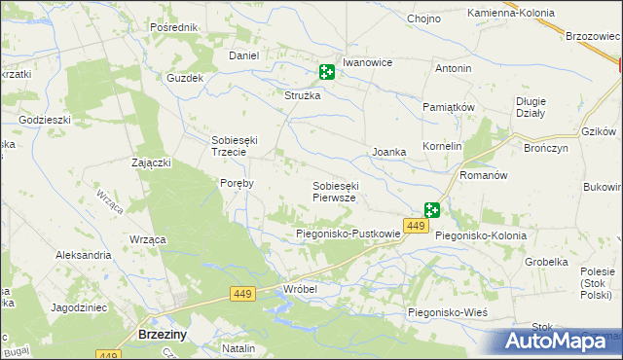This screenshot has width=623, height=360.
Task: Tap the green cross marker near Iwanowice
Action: coord(327,72)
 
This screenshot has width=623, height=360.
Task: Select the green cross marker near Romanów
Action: coord(431,210)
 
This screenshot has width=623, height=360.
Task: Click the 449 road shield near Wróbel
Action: coord(243,293)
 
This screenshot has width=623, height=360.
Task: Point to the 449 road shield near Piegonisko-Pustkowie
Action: coord(416,226)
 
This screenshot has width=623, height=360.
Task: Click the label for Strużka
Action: coord(302,95)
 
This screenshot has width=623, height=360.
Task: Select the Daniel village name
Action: coord(243,56)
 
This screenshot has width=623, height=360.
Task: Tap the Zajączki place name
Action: coord(152,162)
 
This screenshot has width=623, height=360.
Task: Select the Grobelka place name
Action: coord(546,262)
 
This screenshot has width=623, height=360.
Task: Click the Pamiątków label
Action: coord(448,106)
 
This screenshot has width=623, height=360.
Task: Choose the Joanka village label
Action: coord(389,153)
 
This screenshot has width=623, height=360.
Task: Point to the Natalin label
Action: coord(238,347)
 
